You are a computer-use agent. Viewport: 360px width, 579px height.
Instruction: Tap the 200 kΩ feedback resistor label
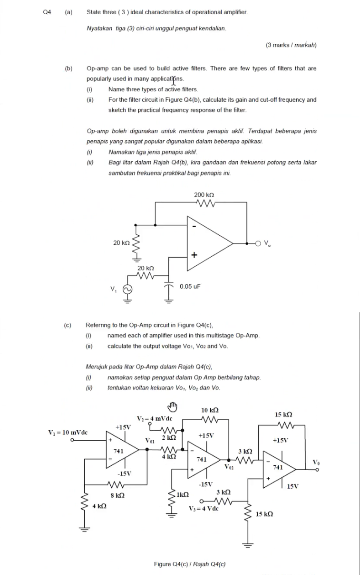coord(205,195)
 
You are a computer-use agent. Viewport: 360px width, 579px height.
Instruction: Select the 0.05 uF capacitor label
coord(190,287)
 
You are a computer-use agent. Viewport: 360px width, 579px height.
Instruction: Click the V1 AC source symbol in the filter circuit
coord(128,289)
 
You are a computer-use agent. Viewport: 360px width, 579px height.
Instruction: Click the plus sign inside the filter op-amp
coord(194,256)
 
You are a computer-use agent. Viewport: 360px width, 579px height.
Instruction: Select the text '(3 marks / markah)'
coord(291,45)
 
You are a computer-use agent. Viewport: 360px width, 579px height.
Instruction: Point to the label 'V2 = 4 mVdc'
coord(155,418)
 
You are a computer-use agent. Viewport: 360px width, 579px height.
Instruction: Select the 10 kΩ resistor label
coord(210,409)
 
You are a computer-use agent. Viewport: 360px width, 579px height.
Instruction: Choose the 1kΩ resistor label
coord(183,494)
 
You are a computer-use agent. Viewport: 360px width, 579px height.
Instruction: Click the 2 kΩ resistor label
coord(169,437)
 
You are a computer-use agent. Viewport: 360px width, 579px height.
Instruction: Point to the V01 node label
coord(150,440)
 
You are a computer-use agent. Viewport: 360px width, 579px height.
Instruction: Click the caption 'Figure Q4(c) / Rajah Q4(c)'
coord(190,564)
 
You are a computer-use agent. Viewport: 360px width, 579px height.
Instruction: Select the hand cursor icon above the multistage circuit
coord(173,406)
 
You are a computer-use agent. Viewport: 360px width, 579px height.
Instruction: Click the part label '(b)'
coord(68,68)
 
